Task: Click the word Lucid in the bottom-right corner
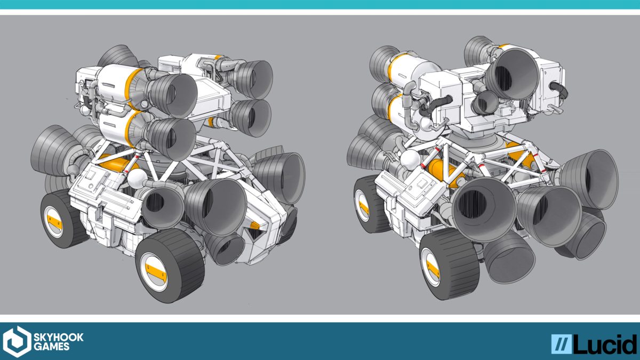pyautogui.click(x=605, y=344)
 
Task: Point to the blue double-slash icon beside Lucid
pyautogui.click(x=561, y=344)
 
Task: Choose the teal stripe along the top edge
pyautogui.click(x=320, y=4)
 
